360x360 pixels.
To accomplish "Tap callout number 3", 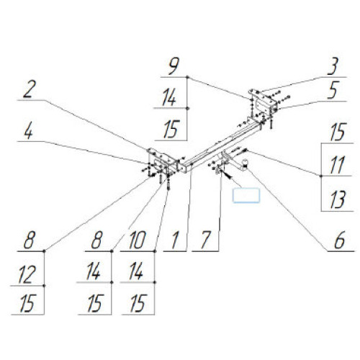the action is coord(333,66).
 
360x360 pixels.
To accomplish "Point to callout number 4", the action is coord(28,131).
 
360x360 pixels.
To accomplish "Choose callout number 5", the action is coord(334,90).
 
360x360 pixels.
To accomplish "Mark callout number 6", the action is coord(340,240).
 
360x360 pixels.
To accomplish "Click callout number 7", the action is coord(205,240).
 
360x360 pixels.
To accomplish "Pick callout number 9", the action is coord(174,66).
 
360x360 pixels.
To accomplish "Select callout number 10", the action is coord(137,240).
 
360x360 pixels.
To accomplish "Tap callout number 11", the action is coord(337,165).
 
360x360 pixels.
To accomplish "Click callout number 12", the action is coord(27,274).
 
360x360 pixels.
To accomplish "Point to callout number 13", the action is coord(338,199).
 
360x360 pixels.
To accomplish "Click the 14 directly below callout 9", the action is coord(169,97).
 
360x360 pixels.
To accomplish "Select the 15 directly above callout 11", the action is coord(338,132).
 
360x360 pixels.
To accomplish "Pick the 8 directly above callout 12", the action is coord(30,240).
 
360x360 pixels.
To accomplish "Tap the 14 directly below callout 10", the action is coord(136,271).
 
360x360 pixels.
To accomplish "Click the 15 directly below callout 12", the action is coord(27,304).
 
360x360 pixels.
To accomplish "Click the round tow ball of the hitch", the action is coord(246,163).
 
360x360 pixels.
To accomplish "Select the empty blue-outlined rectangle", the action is coord(246,195).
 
